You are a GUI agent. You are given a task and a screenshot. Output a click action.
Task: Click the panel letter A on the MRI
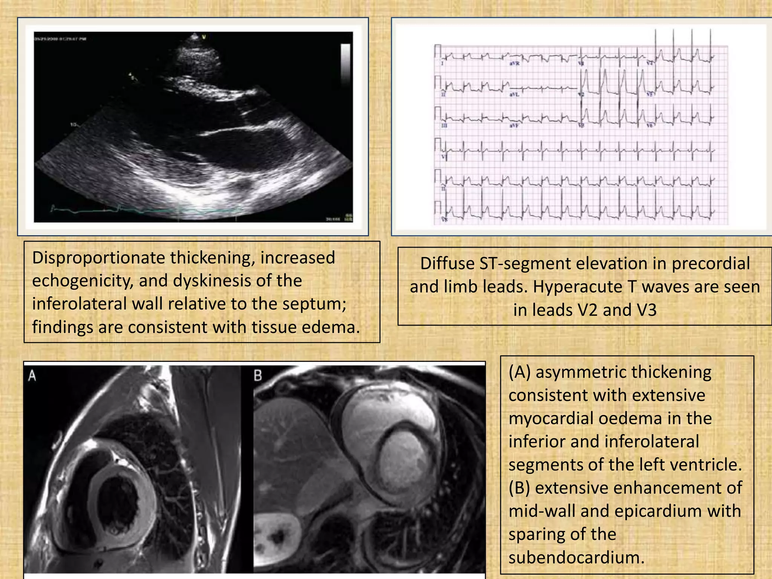point(32,376)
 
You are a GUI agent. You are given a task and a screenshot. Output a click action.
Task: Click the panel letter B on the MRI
point(258,376)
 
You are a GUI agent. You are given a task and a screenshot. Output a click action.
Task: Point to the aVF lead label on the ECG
point(514,126)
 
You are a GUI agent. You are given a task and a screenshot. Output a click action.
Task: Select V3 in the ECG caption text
point(643,310)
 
